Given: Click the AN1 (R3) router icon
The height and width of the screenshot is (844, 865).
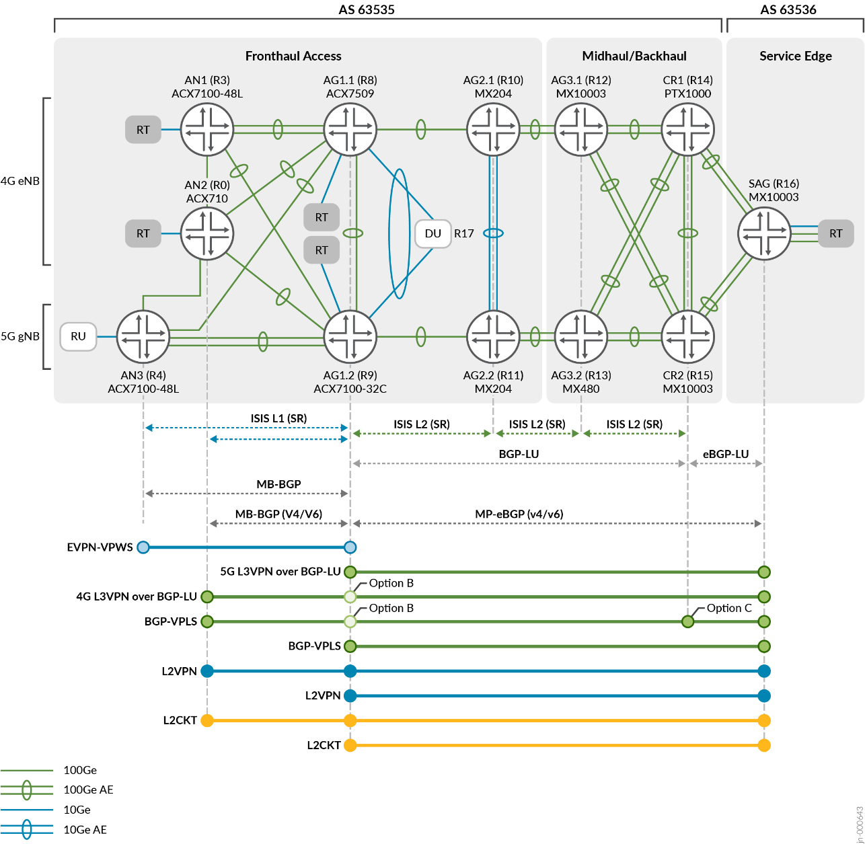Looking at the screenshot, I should click(207, 129).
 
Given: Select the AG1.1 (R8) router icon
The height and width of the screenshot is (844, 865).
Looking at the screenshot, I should click(350, 129).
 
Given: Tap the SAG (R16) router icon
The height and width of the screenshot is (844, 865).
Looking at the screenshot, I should click(764, 233).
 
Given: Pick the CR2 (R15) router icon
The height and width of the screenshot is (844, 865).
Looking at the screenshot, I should click(687, 336).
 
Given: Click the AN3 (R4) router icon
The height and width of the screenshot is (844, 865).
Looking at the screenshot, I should click(143, 336).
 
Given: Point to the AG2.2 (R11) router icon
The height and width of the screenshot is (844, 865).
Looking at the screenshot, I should click(493, 336).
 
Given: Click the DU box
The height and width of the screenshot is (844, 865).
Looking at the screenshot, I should click(432, 233).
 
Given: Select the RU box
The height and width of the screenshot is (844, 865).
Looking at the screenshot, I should click(78, 336).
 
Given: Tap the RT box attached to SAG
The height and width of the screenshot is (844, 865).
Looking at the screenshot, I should click(835, 233).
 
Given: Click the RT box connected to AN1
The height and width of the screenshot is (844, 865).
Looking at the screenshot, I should click(143, 129).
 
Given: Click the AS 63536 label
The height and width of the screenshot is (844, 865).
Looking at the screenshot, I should click(788, 9).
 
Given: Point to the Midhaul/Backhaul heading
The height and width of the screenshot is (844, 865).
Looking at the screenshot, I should click(634, 56).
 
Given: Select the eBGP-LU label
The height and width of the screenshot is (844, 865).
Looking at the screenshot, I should click(726, 454).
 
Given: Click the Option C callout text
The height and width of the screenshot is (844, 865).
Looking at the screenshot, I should click(729, 608).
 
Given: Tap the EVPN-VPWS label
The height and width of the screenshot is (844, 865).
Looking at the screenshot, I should click(100, 547).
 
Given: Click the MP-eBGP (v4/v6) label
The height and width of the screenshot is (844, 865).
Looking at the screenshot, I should click(519, 514).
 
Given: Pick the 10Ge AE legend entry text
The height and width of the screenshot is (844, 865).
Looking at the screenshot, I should click(85, 830).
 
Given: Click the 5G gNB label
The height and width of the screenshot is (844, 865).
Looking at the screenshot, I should click(20, 336).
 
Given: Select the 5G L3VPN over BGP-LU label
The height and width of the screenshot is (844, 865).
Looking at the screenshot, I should click(280, 572).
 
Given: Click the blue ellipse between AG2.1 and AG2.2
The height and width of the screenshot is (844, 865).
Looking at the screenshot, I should click(493, 233).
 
